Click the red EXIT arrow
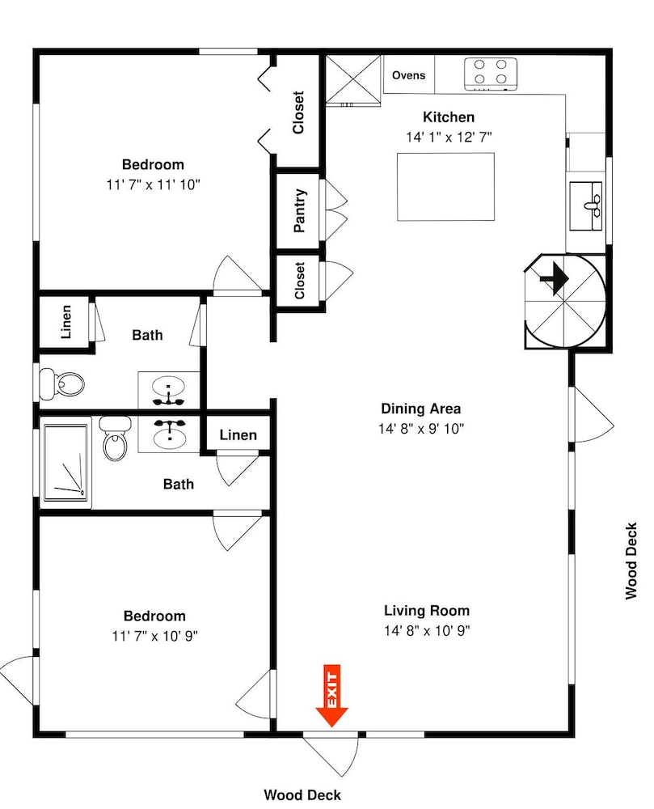(x=331, y=696)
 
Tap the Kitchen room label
(x=449, y=117)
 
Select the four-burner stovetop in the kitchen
(x=490, y=74)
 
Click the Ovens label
(x=409, y=75)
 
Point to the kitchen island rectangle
(x=445, y=187)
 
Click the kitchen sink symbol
(x=586, y=205)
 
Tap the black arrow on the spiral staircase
(x=555, y=278)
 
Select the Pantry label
(x=299, y=210)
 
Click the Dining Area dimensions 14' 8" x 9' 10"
(x=421, y=428)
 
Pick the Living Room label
(x=427, y=611)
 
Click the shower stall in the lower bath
(x=65, y=462)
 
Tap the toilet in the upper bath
(x=62, y=383)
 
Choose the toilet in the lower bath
(x=115, y=439)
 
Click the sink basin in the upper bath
(x=168, y=385)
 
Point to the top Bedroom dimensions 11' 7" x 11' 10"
(x=153, y=184)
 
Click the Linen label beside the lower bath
(x=238, y=435)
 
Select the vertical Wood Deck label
(x=631, y=561)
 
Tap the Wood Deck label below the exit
(x=302, y=795)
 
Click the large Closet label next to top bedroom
(x=298, y=112)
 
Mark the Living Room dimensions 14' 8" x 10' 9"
(x=427, y=630)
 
